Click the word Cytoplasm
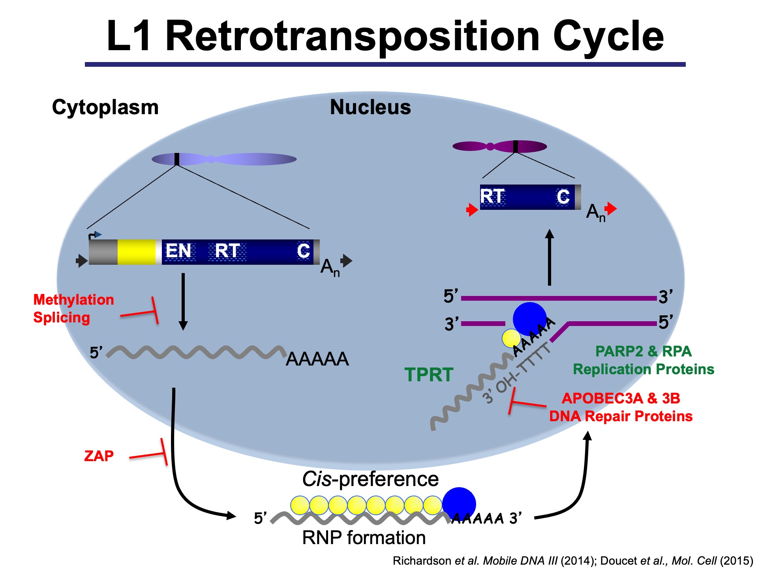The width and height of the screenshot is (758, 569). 105,107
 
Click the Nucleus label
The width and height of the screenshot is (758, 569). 370,107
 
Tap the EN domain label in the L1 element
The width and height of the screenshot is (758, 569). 178,251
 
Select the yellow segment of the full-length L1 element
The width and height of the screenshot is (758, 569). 136,252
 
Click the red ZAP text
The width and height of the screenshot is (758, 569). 99,456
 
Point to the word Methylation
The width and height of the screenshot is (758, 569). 73,300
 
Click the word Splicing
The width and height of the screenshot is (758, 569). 62,318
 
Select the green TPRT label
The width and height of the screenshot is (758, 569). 429,375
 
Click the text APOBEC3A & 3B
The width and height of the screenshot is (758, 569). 621,398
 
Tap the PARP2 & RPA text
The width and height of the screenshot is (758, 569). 643,351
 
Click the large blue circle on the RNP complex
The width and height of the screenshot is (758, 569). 459,504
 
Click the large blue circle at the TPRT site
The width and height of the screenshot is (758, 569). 529,318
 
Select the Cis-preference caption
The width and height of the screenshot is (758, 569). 370,479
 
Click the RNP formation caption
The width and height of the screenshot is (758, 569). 364,538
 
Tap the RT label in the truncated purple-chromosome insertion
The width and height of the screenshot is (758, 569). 492,196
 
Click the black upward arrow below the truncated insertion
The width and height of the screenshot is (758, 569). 549,257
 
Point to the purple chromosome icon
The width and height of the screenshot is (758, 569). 499,147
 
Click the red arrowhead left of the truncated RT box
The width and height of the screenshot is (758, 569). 472,210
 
